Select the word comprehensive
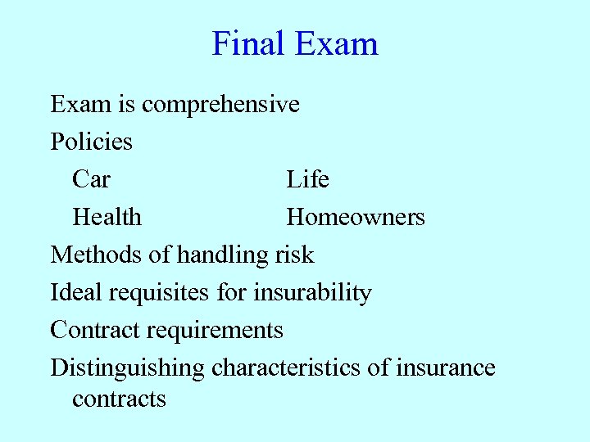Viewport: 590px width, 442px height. tap(220, 106)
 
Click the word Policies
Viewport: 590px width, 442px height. tap(91, 142)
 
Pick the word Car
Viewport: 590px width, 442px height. tap(91, 179)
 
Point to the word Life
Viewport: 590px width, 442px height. tap(307, 179)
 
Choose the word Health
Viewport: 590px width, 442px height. tap(107, 217)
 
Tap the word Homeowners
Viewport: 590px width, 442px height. tap(355, 217)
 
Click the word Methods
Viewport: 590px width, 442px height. tap(96, 255)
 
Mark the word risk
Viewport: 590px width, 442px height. tap(293, 255)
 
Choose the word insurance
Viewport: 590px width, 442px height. tap(445, 368)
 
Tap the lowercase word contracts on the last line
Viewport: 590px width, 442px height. tap(119, 399)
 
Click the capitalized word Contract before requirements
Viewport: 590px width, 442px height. tap(94, 330)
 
